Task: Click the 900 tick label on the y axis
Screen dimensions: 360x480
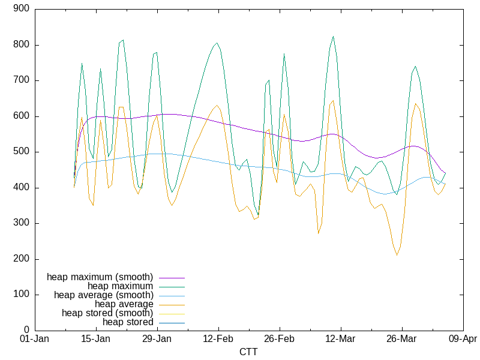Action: pos(22,9)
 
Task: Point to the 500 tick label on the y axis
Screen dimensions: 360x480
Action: pos(22,152)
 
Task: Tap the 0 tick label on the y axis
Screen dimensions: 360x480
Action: pos(27,330)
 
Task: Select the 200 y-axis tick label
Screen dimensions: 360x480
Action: pos(22,259)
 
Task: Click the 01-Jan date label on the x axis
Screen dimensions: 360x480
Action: pos(35,339)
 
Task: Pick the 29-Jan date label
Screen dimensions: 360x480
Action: pos(157,339)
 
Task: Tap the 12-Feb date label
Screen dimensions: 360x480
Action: pos(218,339)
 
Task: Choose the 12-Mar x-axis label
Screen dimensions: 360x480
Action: pos(340,339)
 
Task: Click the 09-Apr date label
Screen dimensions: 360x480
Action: pos(462,339)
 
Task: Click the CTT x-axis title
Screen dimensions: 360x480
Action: pos(248,352)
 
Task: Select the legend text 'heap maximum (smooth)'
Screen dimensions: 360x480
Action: pos(100,277)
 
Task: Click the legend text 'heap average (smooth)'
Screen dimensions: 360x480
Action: pos(104,295)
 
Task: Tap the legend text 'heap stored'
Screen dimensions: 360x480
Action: pos(128,322)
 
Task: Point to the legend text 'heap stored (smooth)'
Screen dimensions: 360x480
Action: pos(107,313)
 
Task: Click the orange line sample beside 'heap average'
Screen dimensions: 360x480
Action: pos(172,304)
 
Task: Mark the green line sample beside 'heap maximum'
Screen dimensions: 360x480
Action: pos(172,286)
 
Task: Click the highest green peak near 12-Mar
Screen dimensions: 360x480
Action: pos(333,36)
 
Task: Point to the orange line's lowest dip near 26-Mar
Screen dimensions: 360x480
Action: pos(397,255)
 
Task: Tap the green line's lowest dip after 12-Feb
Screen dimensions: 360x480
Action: pos(258,214)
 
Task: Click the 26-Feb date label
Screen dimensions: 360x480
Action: pos(279,339)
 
